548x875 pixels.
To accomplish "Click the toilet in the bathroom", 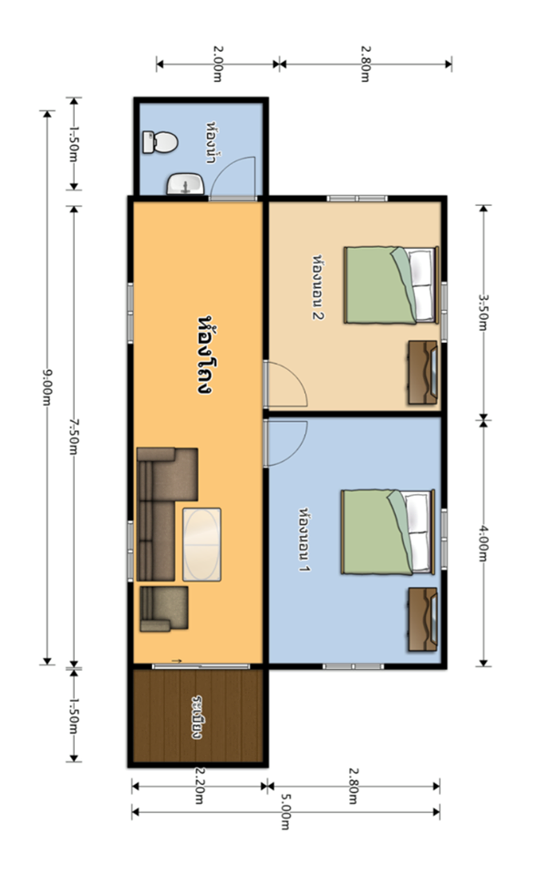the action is [160, 142].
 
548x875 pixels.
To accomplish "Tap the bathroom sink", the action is [185, 184].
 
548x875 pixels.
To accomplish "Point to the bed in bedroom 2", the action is [390, 285].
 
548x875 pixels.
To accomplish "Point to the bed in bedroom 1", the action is [388, 531].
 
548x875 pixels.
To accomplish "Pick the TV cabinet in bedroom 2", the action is [423, 373].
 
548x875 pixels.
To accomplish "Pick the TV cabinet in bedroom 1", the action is [423, 620].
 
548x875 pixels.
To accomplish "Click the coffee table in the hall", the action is [202, 544].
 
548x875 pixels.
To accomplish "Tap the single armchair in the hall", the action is [163, 608].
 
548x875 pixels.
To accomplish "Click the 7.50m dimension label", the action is [73, 436].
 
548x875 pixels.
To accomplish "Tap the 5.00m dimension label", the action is [285, 814].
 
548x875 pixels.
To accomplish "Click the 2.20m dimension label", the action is [199, 785].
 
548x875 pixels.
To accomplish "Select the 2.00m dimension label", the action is [217, 64].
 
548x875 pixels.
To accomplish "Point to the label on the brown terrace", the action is [196, 717].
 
